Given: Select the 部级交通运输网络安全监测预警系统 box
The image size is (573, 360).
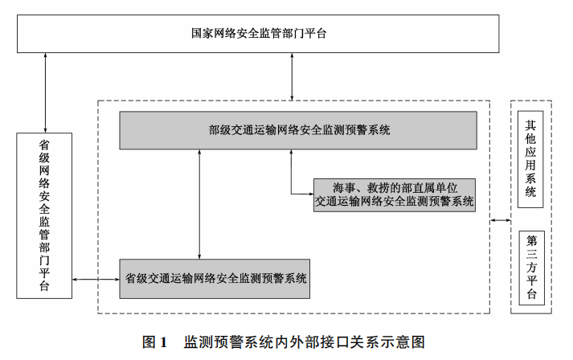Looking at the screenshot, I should (297, 129).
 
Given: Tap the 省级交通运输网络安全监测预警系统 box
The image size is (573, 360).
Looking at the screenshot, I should (216, 279).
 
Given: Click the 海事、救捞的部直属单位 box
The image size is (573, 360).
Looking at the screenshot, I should (394, 195).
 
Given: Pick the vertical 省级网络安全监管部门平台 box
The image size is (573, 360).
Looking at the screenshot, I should (44, 217).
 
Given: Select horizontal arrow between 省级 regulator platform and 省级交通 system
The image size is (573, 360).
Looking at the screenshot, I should (96, 280).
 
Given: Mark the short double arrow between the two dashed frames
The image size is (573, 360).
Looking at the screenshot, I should (501, 219).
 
